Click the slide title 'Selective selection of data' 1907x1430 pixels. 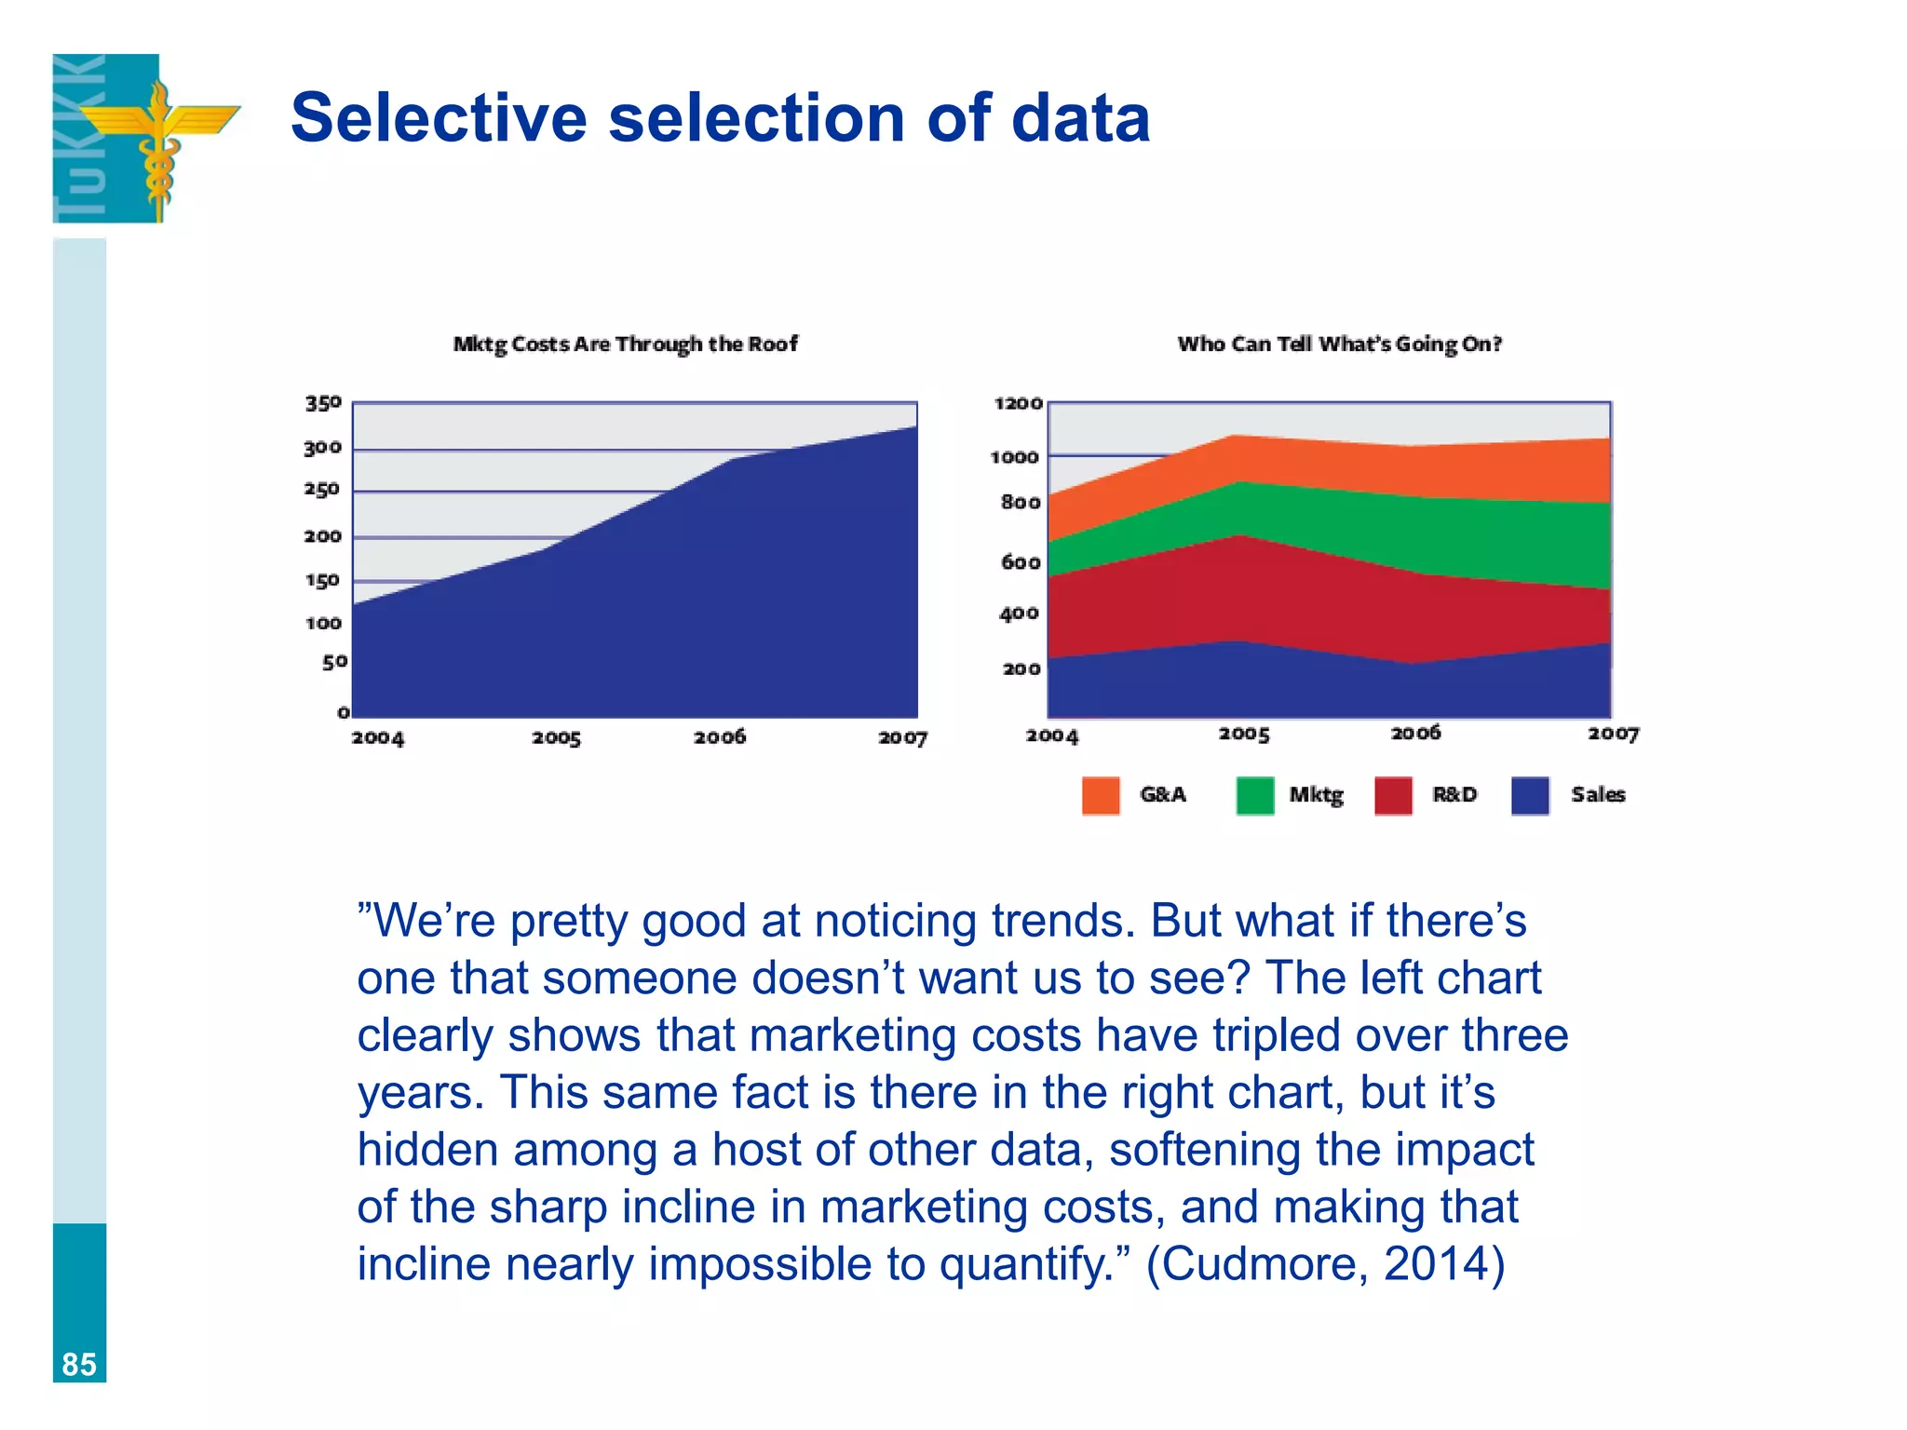tap(720, 118)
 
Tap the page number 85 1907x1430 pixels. tap(79, 1364)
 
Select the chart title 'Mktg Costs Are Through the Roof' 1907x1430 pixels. tap(625, 344)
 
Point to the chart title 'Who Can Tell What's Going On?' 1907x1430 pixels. tap(1339, 344)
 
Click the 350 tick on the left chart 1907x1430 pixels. tap(323, 403)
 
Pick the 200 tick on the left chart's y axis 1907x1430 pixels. tap(322, 536)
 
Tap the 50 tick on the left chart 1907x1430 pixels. tap(334, 662)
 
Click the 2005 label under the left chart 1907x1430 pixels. tap(556, 738)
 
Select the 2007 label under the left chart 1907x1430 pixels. tap(902, 738)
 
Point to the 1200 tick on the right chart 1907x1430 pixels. tap(1018, 403)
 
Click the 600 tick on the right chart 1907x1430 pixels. tap(1021, 562)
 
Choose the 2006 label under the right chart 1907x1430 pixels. tap(1415, 734)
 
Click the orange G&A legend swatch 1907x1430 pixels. tap(1101, 796)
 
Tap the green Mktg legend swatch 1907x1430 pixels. tap(1254, 796)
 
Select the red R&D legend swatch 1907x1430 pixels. tap(1393, 796)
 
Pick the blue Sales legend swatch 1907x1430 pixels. tap(1530, 796)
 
